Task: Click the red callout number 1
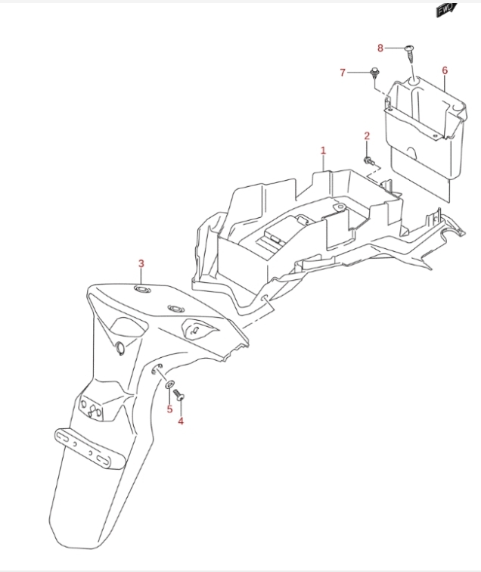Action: coord(323,151)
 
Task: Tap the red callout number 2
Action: coord(367,136)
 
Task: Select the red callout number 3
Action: coord(141,263)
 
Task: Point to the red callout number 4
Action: coord(181,421)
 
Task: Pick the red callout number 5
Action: coord(169,409)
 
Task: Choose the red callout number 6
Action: coord(445,70)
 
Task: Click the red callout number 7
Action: coord(343,73)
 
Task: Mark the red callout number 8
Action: coord(380,48)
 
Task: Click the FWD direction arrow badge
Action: coord(446,10)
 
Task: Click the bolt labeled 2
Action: coord(368,160)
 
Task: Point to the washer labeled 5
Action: coord(170,384)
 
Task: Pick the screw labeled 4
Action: coord(178,395)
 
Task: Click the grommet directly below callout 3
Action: coord(141,289)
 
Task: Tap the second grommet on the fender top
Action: coord(176,309)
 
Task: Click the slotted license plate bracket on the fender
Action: coord(90,449)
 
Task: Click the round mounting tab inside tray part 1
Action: coord(340,207)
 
